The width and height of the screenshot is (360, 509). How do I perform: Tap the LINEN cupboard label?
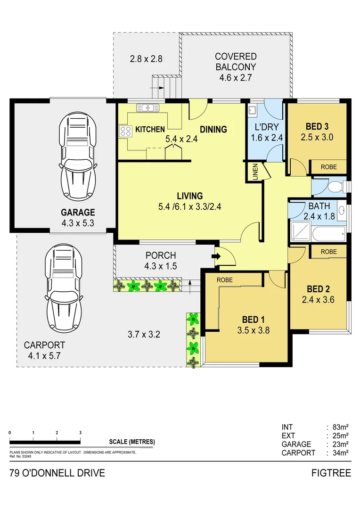255,172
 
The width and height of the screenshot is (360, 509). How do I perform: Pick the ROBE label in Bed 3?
328,167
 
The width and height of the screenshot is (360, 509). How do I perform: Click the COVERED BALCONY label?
236,61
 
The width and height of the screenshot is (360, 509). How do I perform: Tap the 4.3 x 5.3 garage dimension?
78,223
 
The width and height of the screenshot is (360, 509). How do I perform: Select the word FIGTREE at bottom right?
331,473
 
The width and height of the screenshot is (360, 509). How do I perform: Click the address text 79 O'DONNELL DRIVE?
57,473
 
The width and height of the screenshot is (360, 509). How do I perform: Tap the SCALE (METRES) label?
131,442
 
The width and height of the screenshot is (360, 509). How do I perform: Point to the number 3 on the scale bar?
81,433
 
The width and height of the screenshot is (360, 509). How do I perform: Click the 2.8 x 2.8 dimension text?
146,59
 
